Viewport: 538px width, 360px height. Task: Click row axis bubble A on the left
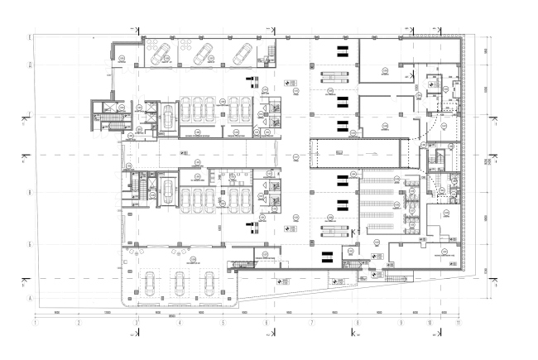[31, 296]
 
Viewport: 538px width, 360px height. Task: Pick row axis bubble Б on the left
[31, 245]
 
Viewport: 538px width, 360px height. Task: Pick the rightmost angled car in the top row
[243, 55]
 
